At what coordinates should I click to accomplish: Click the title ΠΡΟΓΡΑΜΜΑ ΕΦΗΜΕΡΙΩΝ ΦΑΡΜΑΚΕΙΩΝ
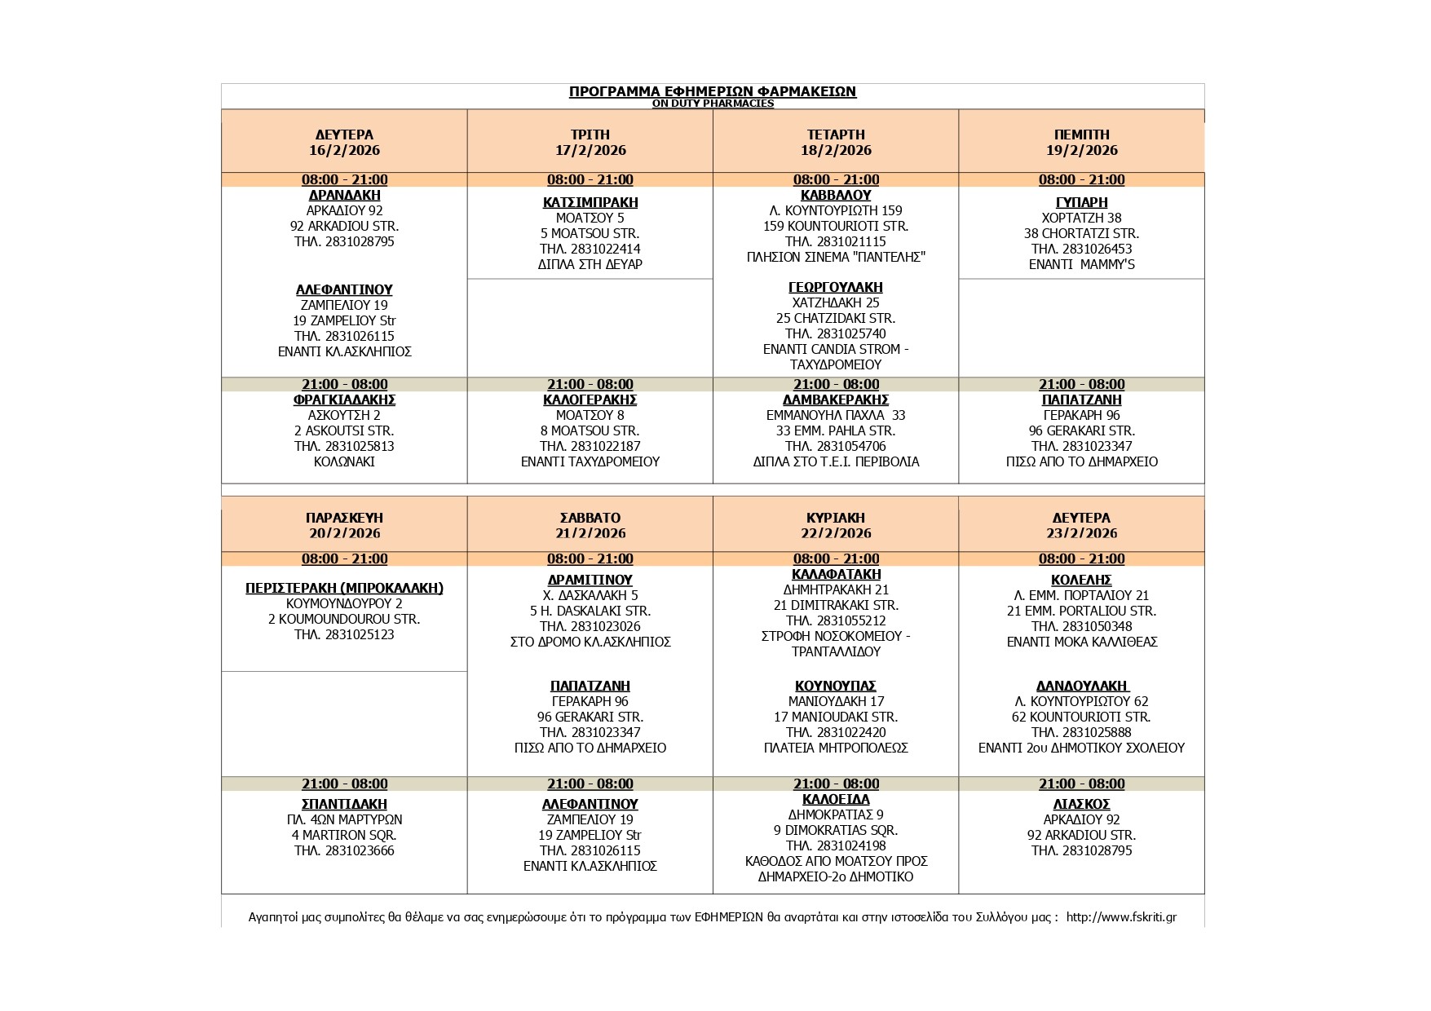[712, 91]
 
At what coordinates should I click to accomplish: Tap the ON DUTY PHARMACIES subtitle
[712, 104]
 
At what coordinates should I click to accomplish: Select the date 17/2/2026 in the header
[590, 150]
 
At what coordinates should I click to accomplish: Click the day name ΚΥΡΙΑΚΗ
[836, 518]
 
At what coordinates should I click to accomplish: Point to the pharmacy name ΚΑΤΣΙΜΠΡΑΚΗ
[590, 202]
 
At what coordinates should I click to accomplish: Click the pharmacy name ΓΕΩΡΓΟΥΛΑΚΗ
[836, 287]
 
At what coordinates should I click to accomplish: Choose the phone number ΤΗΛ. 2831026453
[1081, 249]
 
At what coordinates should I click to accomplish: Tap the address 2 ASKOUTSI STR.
[344, 430]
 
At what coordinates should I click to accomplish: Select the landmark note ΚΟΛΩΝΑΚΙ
[344, 461]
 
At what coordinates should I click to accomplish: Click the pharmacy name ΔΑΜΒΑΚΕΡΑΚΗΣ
[836, 400]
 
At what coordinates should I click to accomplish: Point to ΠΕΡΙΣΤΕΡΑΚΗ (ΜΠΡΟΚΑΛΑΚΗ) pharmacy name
[344, 588]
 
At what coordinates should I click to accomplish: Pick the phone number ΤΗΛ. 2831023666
[344, 850]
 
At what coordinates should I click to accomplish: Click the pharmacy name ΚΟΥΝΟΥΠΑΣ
[836, 686]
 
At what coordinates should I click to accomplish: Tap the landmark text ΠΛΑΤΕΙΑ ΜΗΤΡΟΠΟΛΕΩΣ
[836, 748]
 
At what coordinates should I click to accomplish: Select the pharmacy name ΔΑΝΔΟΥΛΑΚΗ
[1081, 686]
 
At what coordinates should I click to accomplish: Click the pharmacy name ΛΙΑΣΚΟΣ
[1081, 804]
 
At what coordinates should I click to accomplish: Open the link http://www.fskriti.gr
[1121, 917]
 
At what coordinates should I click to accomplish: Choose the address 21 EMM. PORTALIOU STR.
[1081, 611]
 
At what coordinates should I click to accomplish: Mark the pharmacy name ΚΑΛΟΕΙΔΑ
[836, 799]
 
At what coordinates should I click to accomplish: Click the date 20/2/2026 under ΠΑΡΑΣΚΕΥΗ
[344, 533]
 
